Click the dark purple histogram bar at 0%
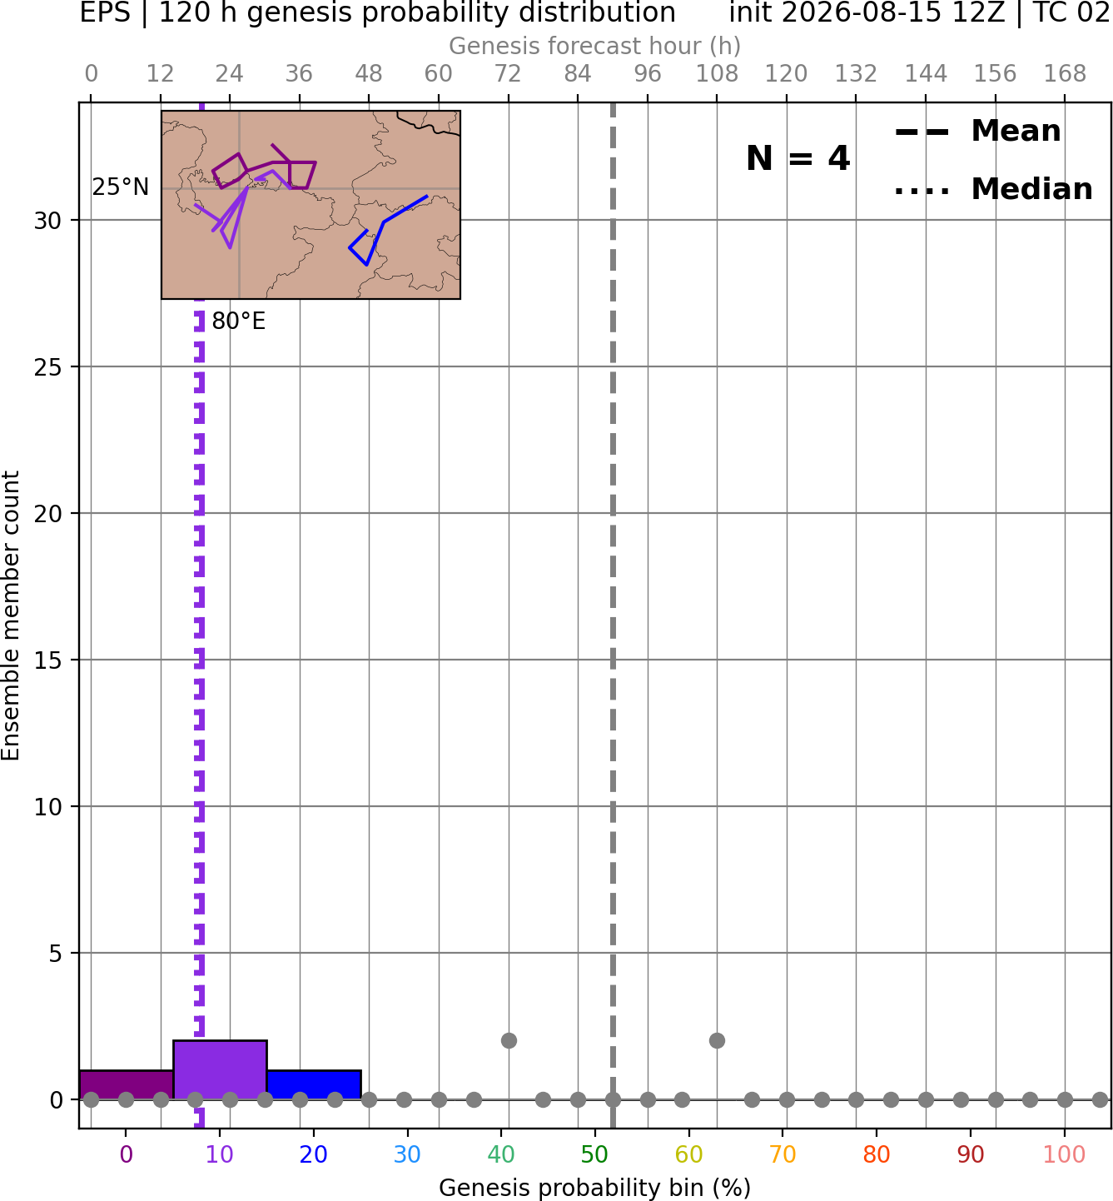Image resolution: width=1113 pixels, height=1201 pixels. coord(126,1084)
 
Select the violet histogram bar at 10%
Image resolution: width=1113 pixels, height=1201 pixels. coord(220,1069)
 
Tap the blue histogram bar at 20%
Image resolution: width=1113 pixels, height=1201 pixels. coord(314,1084)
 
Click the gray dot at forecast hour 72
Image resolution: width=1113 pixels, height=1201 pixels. coord(509,1040)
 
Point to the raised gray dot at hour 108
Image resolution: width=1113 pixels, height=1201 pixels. coord(717,1040)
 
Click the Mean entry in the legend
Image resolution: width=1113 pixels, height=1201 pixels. coord(977,132)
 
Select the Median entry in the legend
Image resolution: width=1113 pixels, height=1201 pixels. coord(994,189)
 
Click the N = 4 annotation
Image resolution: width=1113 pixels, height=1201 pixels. coord(798,158)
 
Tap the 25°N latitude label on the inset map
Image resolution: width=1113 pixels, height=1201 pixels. coord(121,187)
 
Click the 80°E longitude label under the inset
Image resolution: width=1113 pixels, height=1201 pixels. coord(238,321)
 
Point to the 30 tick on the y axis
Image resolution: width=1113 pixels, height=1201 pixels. coord(47,221)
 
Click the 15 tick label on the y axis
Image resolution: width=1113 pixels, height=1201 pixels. coord(47,660)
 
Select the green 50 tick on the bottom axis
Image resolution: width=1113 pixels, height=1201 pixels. coord(594,1154)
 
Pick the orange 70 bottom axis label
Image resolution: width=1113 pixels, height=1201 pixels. coord(783,1154)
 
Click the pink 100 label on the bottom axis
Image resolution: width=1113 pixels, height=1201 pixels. coord(1064,1154)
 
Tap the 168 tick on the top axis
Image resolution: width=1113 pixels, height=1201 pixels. coord(1065,74)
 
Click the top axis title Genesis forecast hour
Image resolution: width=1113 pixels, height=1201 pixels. coord(594,46)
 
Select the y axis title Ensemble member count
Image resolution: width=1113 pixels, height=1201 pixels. coord(11,615)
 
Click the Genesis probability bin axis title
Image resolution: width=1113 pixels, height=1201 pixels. coord(594,1188)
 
